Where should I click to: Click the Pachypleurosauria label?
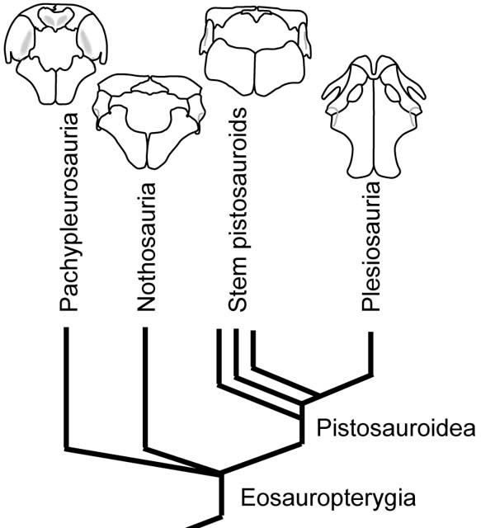[x=69, y=211]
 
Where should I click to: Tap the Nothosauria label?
[x=147, y=247]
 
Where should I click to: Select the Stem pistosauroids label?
[x=238, y=210]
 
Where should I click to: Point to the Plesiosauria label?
[x=370, y=246]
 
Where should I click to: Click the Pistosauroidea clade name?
[x=396, y=428]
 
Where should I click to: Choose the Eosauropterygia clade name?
[x=328, y=498]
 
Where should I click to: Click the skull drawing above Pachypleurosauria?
[x=57, y=54]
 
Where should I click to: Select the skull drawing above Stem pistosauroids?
[x=257, y=50]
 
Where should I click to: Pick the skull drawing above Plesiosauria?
[x=374, y=116]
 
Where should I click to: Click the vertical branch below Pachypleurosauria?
[x=66, y=388]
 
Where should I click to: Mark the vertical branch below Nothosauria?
[x=145, y=388]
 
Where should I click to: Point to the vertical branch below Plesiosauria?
[x=370, y=353]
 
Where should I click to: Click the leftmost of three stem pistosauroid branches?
[x=219, y=357]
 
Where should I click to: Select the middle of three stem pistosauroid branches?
[x=236, y=354]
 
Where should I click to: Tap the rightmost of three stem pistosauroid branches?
[x=253, y=350]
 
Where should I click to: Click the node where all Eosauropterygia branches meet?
[x=220, y=474]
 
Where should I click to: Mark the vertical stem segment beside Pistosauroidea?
[x=302, y=423]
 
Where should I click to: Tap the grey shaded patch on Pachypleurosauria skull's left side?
[x=27, y=40]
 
